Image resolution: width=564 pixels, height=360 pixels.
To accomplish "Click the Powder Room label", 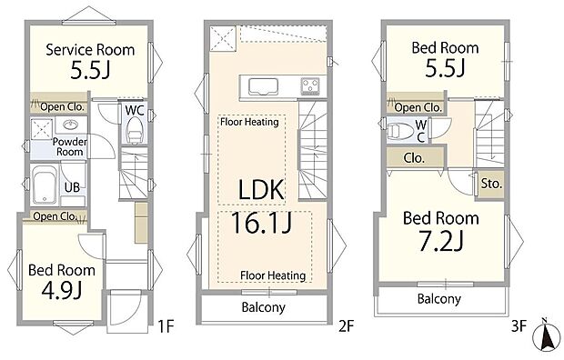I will tap(69, 147).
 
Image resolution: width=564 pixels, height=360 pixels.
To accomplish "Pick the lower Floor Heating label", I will tap(273, 275).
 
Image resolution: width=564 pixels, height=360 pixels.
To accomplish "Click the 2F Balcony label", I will tap(263, 307).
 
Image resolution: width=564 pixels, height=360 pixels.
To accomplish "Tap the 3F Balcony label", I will tap(438, 298).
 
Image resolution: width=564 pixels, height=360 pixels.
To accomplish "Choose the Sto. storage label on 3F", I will tap(490, 184).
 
